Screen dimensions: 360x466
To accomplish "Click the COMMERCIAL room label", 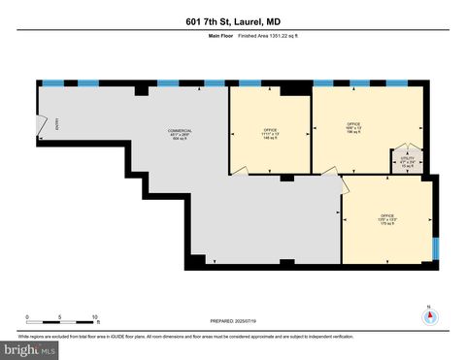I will pos(179,134).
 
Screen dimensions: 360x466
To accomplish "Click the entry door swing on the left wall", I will pos(41,124).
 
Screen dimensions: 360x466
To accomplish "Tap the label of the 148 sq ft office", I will pos(270,134).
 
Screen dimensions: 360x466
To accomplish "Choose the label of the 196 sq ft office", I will pos(354,127).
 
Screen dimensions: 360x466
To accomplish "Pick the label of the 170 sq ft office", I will pos(386,220).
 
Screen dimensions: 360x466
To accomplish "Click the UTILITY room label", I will pos(408,160).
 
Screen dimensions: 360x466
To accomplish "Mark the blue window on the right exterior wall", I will pos(435,247).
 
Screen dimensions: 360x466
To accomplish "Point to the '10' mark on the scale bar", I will pos(95,318).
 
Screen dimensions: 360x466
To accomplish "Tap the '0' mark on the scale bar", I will pos(27,318).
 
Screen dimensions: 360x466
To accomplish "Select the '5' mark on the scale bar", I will pos(60,318).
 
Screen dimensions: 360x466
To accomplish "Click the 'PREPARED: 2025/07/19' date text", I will pos(233,320).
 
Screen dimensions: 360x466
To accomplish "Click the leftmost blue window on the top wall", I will pos(52,83).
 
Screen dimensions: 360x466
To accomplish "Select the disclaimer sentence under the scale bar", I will pos(233,334).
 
